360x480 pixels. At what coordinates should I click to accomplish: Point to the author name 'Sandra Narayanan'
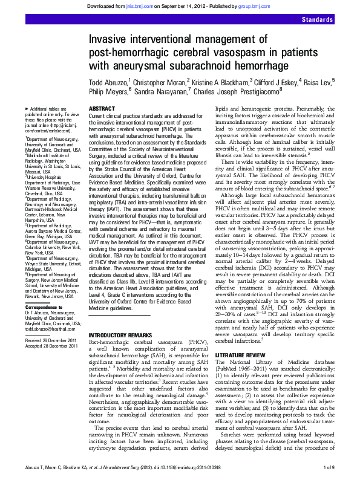[x=160, y=91]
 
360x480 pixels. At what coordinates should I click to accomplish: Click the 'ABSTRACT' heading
[x=102, y=108]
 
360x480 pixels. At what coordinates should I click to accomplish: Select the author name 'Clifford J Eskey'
[x=270, y=80]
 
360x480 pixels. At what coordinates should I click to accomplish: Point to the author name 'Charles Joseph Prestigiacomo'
[x=235, y=91]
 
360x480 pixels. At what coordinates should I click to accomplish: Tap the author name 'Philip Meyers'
[x=108, y=91]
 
